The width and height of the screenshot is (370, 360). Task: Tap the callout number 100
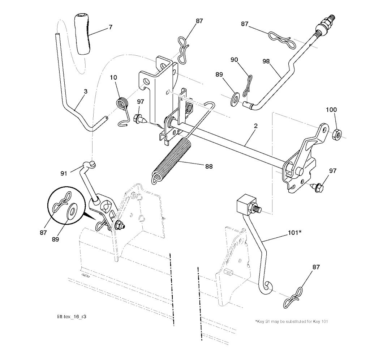pyautogui.click(x=331, y=110)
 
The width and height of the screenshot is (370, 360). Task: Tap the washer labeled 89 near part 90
pyautogui.click(x=235, y=98)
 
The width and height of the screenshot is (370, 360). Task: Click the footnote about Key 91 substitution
pyautogui.click(x=292, y=321)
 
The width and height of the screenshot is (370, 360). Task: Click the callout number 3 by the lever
pyautogui.click(x=85, y=92)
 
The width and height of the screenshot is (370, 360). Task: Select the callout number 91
pyautogui.click(x=64, y=173)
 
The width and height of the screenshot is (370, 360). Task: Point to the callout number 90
pyautogui.click(x=234, y=60)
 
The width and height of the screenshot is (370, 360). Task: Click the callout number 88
pyautogui.click(x=208, y=167)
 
